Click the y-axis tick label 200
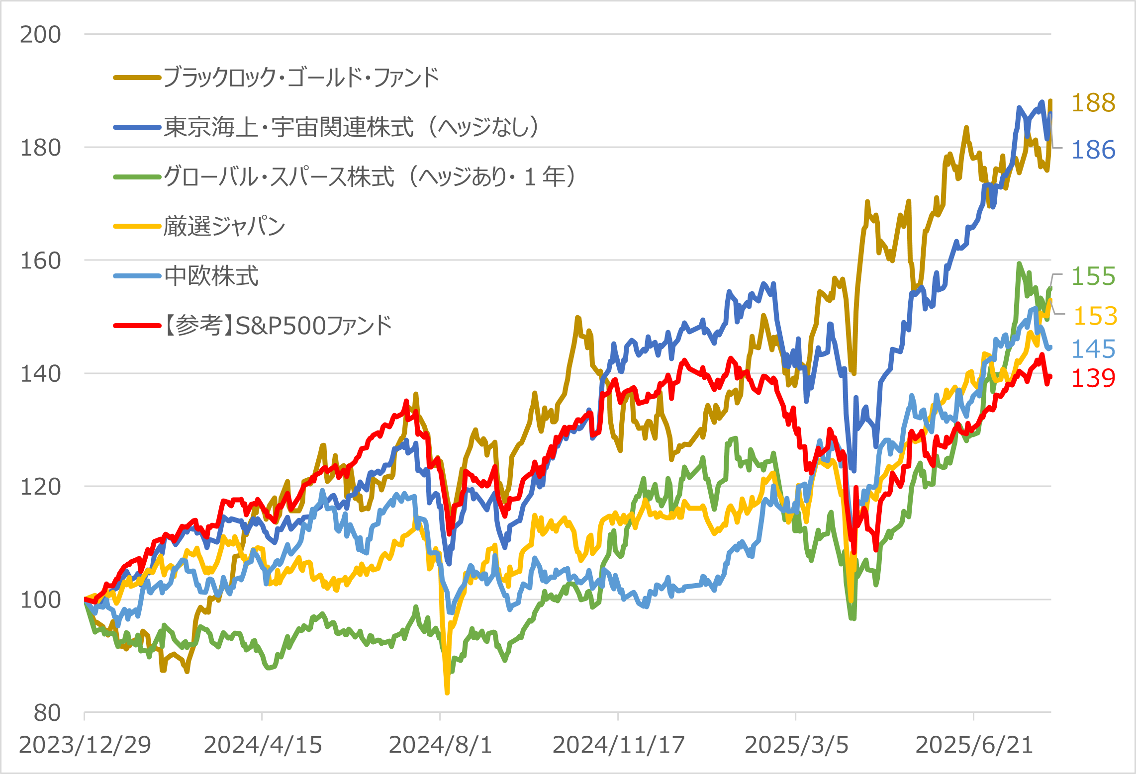[40, 35]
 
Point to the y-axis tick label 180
[40, 148]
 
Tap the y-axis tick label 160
[40, 260]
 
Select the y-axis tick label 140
[40, 373]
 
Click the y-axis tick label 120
[40, 487]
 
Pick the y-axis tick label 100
[40, 600]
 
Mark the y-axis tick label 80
[47, 713]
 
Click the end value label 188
[1093, 103]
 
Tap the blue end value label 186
[1093, 150]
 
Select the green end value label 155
[1093, 276]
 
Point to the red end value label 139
[1093, 378]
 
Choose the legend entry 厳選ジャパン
[224, 226]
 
